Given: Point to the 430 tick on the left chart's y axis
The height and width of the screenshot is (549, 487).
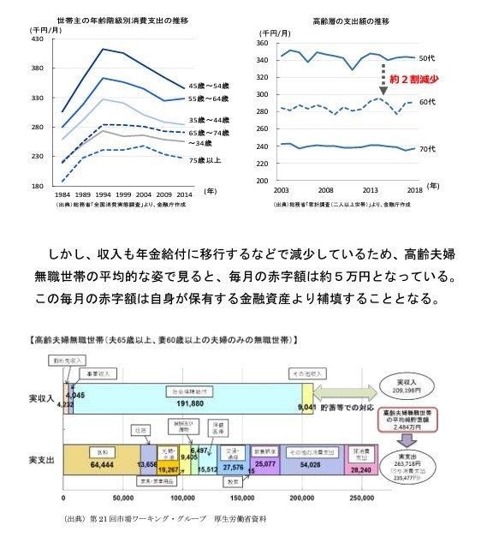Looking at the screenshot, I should coord(37,39).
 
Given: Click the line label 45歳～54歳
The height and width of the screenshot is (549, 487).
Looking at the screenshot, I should coord(209,87).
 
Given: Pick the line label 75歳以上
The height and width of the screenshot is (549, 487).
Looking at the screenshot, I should coord(205,159).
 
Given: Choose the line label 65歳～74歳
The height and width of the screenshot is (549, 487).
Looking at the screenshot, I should coord(209,133).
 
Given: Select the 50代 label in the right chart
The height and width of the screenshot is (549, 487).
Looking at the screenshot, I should coord(427,58).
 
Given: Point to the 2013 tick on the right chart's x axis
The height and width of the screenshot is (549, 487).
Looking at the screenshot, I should coord(371,188).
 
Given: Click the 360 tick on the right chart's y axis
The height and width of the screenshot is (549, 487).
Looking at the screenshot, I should coord(263,43).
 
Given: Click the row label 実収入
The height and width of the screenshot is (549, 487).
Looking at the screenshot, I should coord(42,398).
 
